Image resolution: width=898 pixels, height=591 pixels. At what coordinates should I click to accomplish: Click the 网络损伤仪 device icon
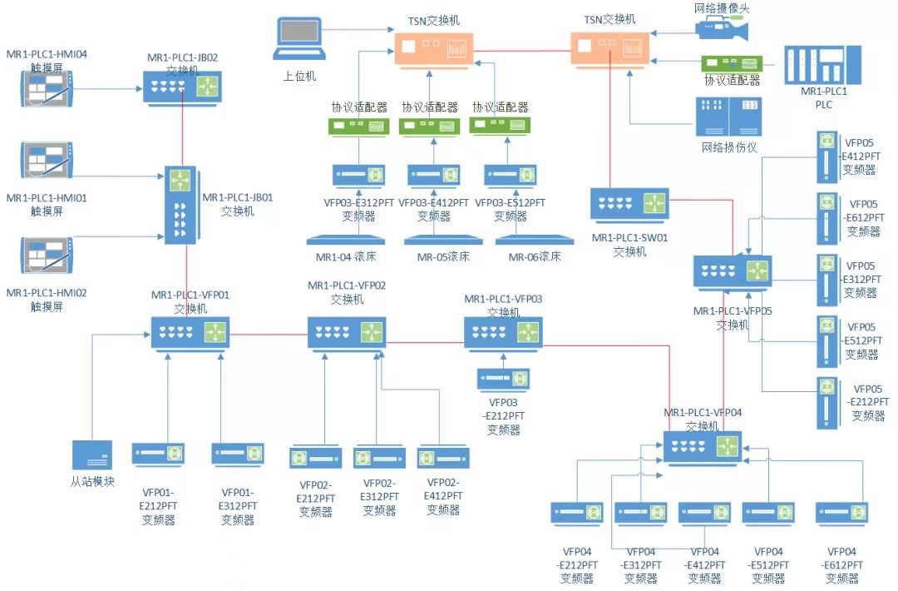pos(728,117)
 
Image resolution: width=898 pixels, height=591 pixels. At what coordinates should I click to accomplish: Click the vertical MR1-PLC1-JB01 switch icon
pos(180,205)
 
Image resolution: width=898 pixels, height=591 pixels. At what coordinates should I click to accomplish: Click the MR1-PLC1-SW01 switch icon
pos(629,204)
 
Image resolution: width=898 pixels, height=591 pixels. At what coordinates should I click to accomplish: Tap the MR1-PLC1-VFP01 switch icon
pos(190,332)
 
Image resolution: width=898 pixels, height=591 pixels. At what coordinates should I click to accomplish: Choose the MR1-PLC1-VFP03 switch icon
pos(503,332)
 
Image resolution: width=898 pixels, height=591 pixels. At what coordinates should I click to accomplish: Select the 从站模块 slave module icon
pos(91,455)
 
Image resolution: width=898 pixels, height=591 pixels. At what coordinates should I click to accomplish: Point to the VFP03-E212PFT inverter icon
pos(503,379)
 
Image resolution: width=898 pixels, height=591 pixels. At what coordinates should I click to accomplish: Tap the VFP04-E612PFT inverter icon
pos(841,513)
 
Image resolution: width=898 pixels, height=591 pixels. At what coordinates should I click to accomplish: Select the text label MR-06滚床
pos(535,256)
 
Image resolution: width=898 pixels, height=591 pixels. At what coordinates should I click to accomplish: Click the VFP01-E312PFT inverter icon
pos(237,454)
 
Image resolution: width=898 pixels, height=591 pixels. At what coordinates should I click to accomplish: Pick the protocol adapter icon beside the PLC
pos(732,63)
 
